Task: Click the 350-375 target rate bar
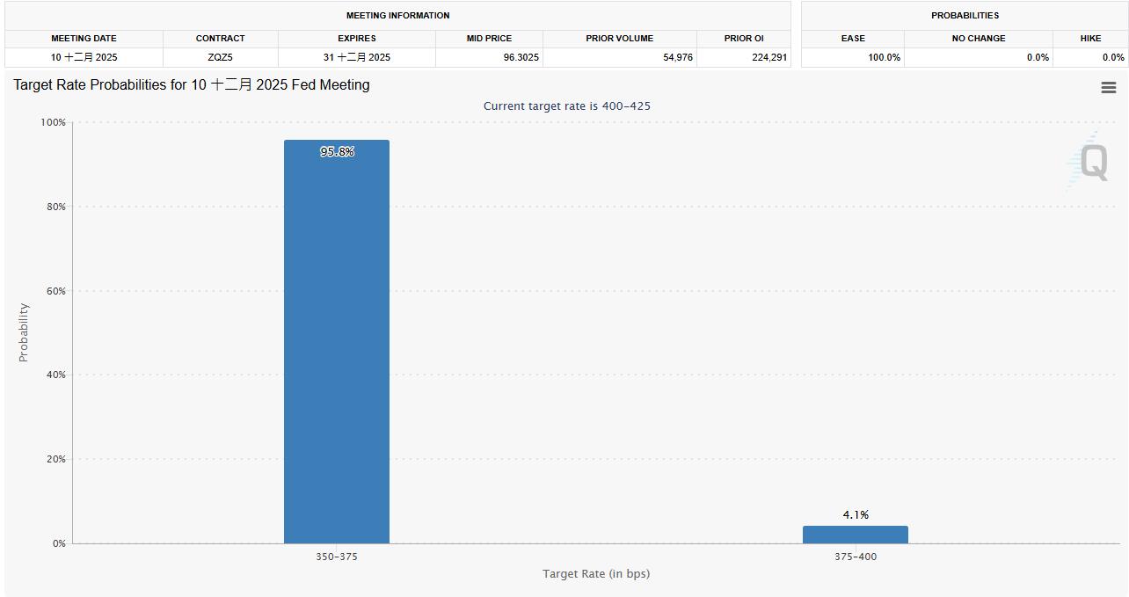coord(337,343)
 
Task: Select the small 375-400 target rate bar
coord(855,535)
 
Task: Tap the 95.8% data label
coord(337,152)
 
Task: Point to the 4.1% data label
coord(856,515)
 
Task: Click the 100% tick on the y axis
coord(54,122)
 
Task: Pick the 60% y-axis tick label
coord(56,291)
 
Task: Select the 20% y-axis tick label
coord(56,459)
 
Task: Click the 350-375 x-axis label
coord(337,557)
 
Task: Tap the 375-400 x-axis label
coord(856,557)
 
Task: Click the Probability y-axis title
coord(24,332)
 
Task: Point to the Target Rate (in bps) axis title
coord(596,574)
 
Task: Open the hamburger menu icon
coord(1109,88)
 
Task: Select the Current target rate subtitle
coord(567,106)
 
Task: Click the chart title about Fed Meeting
coord(192,85)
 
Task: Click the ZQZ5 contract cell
coord(220,57)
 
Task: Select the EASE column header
coord(853,39)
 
